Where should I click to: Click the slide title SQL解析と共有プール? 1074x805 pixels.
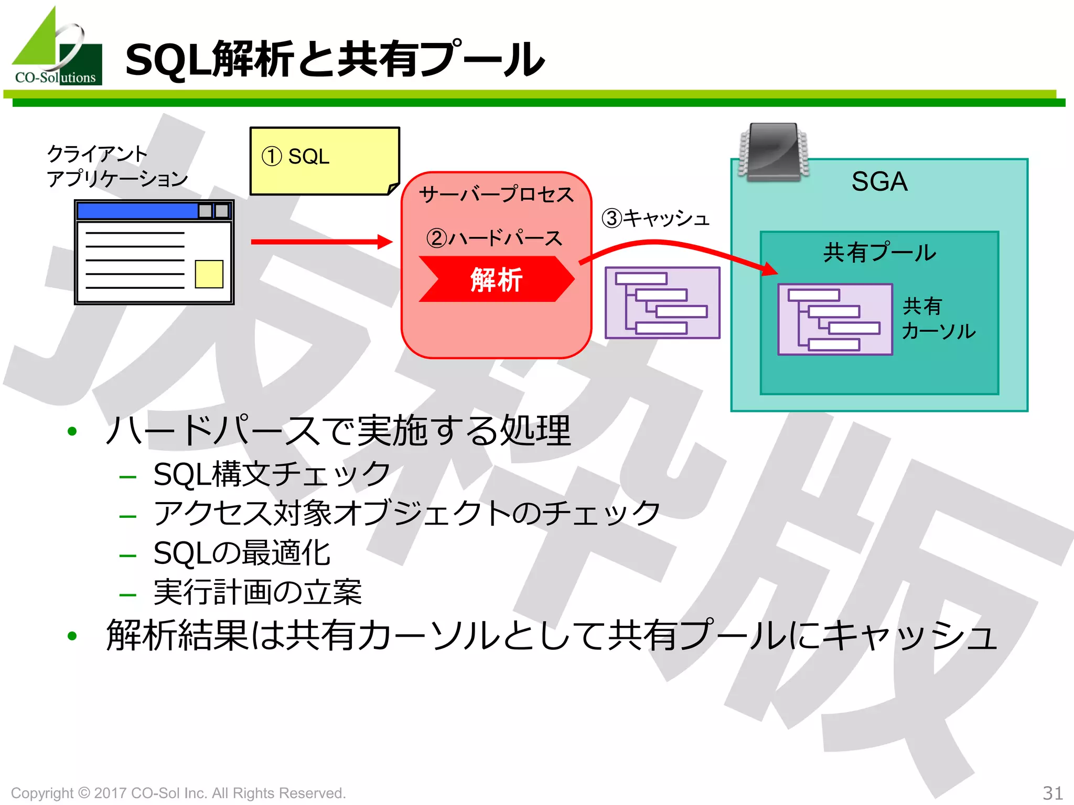[335, 60]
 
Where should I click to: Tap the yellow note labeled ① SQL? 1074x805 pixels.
[324, 160]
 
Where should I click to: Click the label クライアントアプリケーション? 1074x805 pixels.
[116, 166]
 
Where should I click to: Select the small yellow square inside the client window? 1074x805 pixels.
[209, 274]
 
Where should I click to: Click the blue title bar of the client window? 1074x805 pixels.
[137, 211]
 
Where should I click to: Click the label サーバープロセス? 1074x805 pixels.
[496, 194]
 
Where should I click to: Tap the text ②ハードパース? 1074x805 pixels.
[494, 238]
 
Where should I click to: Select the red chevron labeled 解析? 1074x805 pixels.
[496, 279]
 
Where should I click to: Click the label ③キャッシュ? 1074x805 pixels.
[656, 218]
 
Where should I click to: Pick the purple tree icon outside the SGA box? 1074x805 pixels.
[662, 303]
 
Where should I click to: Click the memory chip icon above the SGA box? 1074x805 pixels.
[774, 152]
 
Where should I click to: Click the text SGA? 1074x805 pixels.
[879, 182]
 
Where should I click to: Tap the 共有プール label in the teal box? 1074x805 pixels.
[879, 253]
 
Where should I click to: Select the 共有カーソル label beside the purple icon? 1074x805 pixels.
[938, 319]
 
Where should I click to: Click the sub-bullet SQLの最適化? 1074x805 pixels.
[242, 553]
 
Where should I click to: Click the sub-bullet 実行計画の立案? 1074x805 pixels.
[257, 593]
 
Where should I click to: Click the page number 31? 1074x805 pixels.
[1052, 792]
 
